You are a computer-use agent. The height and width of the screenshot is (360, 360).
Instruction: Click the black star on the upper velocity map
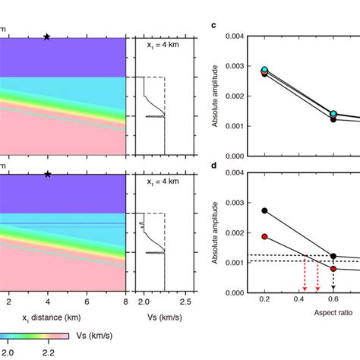coord(47,36)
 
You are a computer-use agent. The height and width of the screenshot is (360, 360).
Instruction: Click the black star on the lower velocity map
coord(47,174)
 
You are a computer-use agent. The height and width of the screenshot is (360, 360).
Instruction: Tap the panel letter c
coord(213,25)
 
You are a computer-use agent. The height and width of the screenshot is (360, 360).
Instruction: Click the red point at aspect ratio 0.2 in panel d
coord(264,236)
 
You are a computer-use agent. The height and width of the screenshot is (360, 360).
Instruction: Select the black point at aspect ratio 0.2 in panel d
coord(264,210)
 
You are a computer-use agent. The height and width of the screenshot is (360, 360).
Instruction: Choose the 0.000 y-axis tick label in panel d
coord(234,292)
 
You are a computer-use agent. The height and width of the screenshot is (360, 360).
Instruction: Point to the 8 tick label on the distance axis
coord(125,302)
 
